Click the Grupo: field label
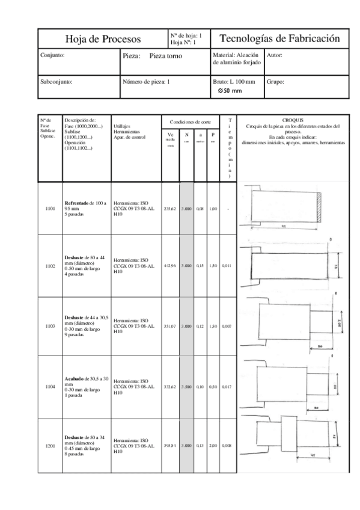(x=275, y=81)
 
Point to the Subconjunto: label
(x=56, y=81)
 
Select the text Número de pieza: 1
(x=146, y=81)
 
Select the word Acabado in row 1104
(x=76, y=378)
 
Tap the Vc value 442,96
(x=170, y=265)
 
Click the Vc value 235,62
(x=170, y=209)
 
